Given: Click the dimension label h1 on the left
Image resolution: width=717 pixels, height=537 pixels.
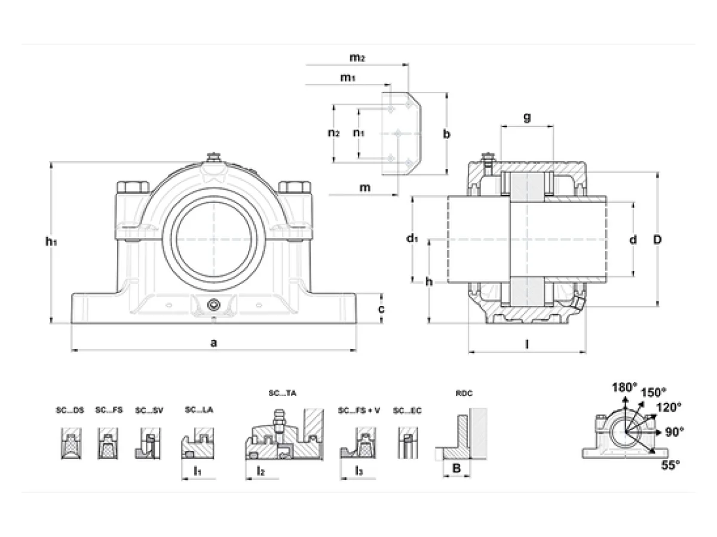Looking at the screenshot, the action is click(x=51, y=242).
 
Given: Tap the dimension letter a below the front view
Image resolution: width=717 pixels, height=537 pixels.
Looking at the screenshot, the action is click(x=214, y=342).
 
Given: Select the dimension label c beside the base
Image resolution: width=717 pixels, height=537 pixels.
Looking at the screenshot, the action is click(x=381, y=308).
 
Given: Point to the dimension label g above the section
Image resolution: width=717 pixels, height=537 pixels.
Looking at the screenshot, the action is click(x=527, y=117).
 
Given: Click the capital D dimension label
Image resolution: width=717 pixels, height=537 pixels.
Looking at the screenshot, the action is click(x=657, y=240).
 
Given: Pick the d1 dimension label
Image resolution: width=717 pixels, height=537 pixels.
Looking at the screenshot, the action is click(x=412, y=238).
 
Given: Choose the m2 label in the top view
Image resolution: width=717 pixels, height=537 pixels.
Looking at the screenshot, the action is click(x=357, y=57).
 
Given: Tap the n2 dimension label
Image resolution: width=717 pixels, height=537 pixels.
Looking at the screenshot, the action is click(x=333, y=132).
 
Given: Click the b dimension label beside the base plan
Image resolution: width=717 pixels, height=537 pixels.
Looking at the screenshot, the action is click(x=446, y=134).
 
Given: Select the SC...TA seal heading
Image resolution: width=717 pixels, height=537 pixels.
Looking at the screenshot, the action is click(x=282, y=393).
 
